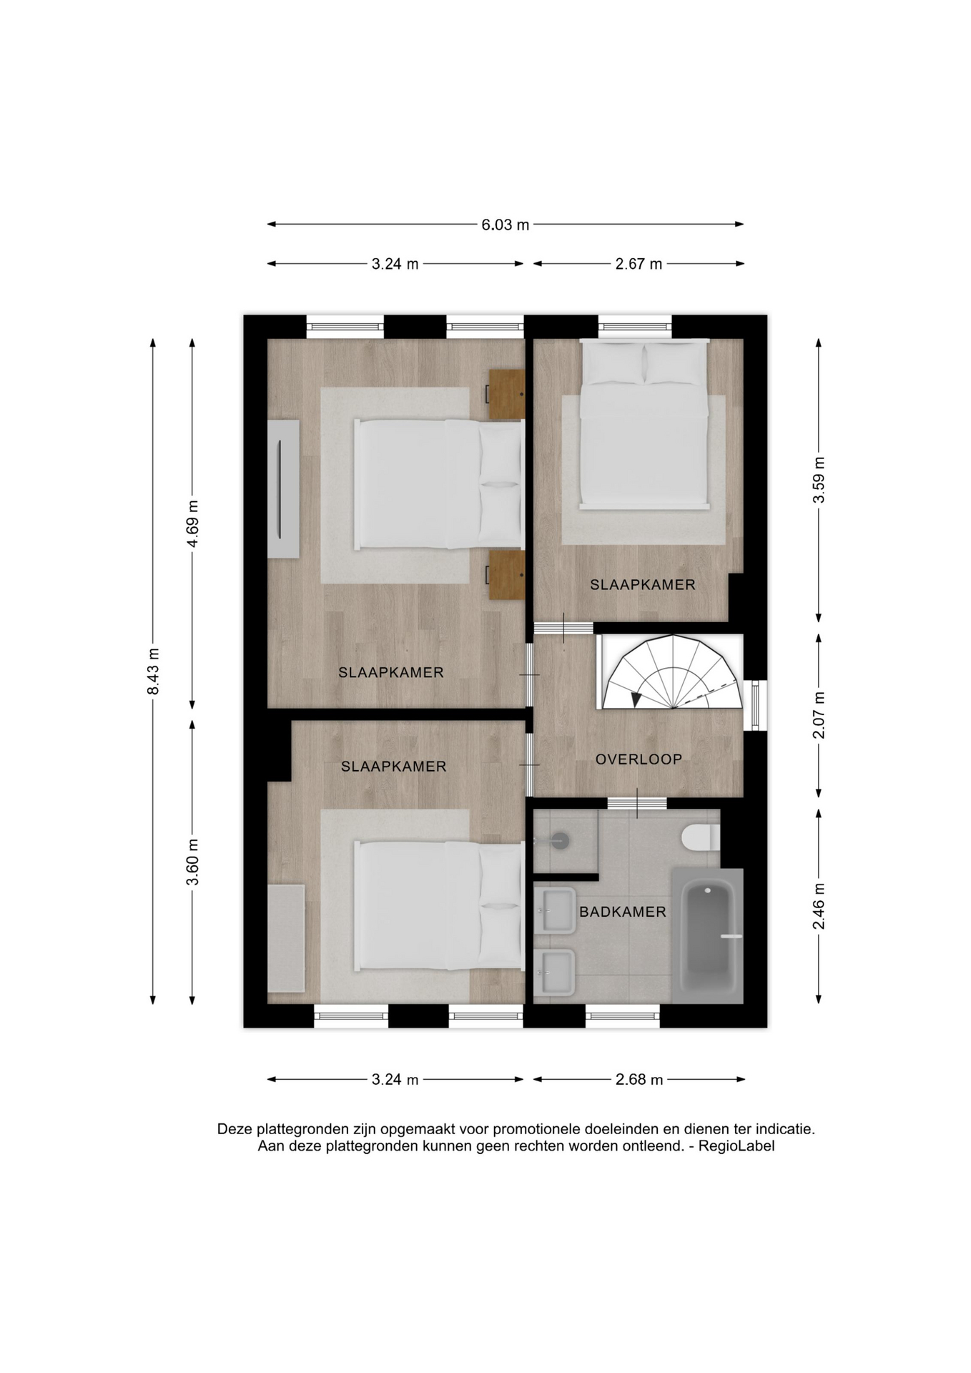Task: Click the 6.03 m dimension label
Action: [x=505, y=225]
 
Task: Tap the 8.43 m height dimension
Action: [x=153, y=671]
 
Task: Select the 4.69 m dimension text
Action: [x=192, y=524]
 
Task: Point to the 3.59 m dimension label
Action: [x=819, y=480]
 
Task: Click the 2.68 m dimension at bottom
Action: [x=639, y=1079]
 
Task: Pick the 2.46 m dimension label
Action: [x=819, y=906]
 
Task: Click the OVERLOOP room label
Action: [x=639, y=759]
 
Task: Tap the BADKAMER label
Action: [x=623, y=912]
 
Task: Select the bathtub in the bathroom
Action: [x=707, y=936]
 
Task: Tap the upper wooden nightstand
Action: [x=507, y=395]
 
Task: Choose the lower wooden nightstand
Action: [x=507, y=575]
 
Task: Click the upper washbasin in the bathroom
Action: [x=555, y=910]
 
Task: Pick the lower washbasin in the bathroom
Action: [x=555, y=973]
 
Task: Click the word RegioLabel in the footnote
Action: [x=736, y=1146]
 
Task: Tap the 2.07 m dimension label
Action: [x=819, y=715]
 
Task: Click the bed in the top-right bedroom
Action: [x=644, y=424]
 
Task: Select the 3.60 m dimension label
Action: [x=192, y=862]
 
